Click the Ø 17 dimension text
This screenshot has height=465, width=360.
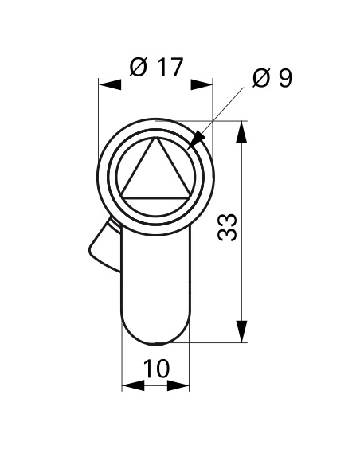point(155,68)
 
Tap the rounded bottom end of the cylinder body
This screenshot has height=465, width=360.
point(156,334)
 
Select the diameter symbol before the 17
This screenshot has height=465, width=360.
point(136,68)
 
